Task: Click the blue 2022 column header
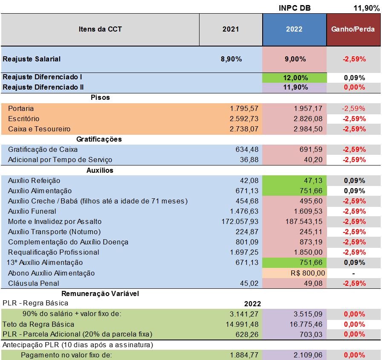point(294,29)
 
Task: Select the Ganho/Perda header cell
point(353,29)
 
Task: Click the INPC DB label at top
point(294,7)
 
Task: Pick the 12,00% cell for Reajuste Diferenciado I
point(294,78)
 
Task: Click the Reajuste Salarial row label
point(32,59)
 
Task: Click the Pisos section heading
point(100,97)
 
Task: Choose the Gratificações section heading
point(99,139)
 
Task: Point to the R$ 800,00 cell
point(308,273)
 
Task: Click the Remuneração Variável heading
point(100,293)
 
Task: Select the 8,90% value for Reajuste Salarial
point(231,59)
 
